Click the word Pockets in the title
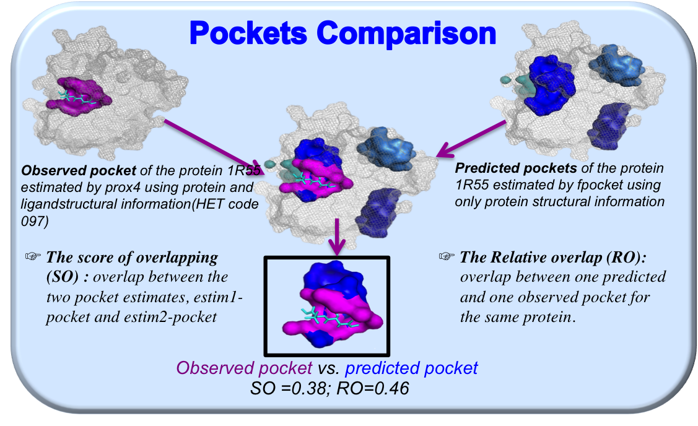(x=248, y=33)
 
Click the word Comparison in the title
(x=406, y=34)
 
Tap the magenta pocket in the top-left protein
(x=79, y=97)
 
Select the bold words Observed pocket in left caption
(x=78, y=170)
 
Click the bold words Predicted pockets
(x=516, y=168)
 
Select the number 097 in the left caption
(x=32, y=221)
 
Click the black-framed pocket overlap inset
(x=327, y=306)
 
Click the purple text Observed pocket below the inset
(x=244, y=368)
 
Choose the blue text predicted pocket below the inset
(x=411, y=368)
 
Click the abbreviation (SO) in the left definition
(x=63, y=277)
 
